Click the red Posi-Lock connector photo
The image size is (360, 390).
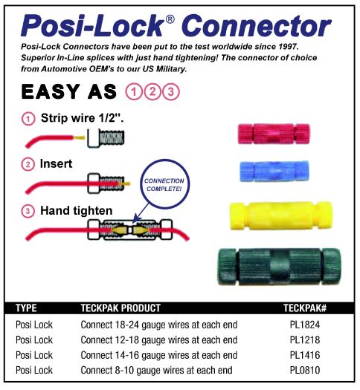(x=274, y=134)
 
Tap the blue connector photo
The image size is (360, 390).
(x=274, y=172)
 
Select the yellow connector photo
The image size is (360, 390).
(x=280, y=216)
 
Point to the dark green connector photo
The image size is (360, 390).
(x=280, y=267)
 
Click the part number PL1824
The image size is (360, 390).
(x=305, y=325)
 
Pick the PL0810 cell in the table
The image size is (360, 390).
(x=305, y=371)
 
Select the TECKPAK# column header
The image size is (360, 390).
(x=305, y=308)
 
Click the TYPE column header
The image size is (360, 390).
(x=26, y=308)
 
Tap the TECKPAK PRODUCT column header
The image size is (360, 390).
(x=120, y=308)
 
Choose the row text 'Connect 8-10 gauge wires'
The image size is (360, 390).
(x=132, y=371)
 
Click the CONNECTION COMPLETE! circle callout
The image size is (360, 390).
(x=164, y=184)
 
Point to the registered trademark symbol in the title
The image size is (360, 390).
(x=170, y=19)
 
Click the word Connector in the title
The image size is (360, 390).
(x=257, y=26)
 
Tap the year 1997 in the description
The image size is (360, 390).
(x=288, y=47)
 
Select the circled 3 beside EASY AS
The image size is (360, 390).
(x=171, y=92)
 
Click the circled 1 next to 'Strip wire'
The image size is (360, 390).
(x=28, y=119)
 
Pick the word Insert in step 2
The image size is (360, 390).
(x=56, y=163)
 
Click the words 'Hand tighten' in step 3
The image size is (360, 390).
(x=77, y=211)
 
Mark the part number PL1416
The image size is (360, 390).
(x=305, y=355)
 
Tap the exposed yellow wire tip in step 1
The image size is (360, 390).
(x=80, y=137)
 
